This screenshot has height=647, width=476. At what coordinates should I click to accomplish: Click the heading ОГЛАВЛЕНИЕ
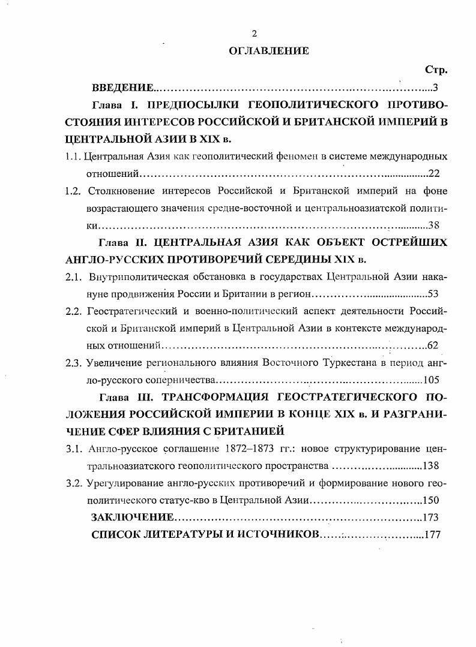coord(269,51)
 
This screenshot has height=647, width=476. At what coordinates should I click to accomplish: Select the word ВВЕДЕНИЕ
coord(122,88)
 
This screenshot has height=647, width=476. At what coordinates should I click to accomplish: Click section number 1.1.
coord(73,157)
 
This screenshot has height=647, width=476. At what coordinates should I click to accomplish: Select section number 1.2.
coord(73,191)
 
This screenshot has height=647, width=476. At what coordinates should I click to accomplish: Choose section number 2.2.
coord(73,311)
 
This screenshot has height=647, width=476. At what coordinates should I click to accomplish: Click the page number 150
coord(432,500)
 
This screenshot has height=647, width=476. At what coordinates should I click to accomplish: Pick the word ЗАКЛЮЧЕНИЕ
coord(133,517)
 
